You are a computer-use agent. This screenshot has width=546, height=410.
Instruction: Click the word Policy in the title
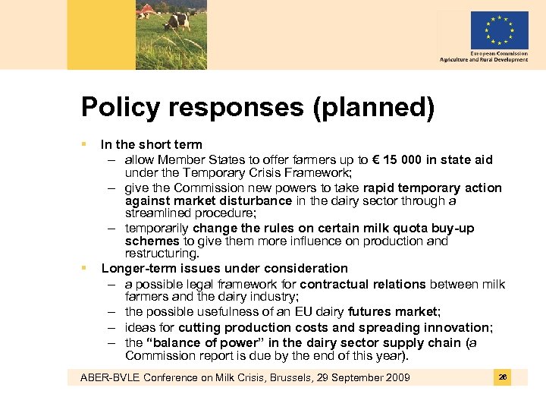point(121,108)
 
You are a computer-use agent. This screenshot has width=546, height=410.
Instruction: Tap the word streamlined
point(159,214)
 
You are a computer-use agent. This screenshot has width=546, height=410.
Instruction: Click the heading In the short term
point(152,144)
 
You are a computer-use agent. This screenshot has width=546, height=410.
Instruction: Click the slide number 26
point(502,377)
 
